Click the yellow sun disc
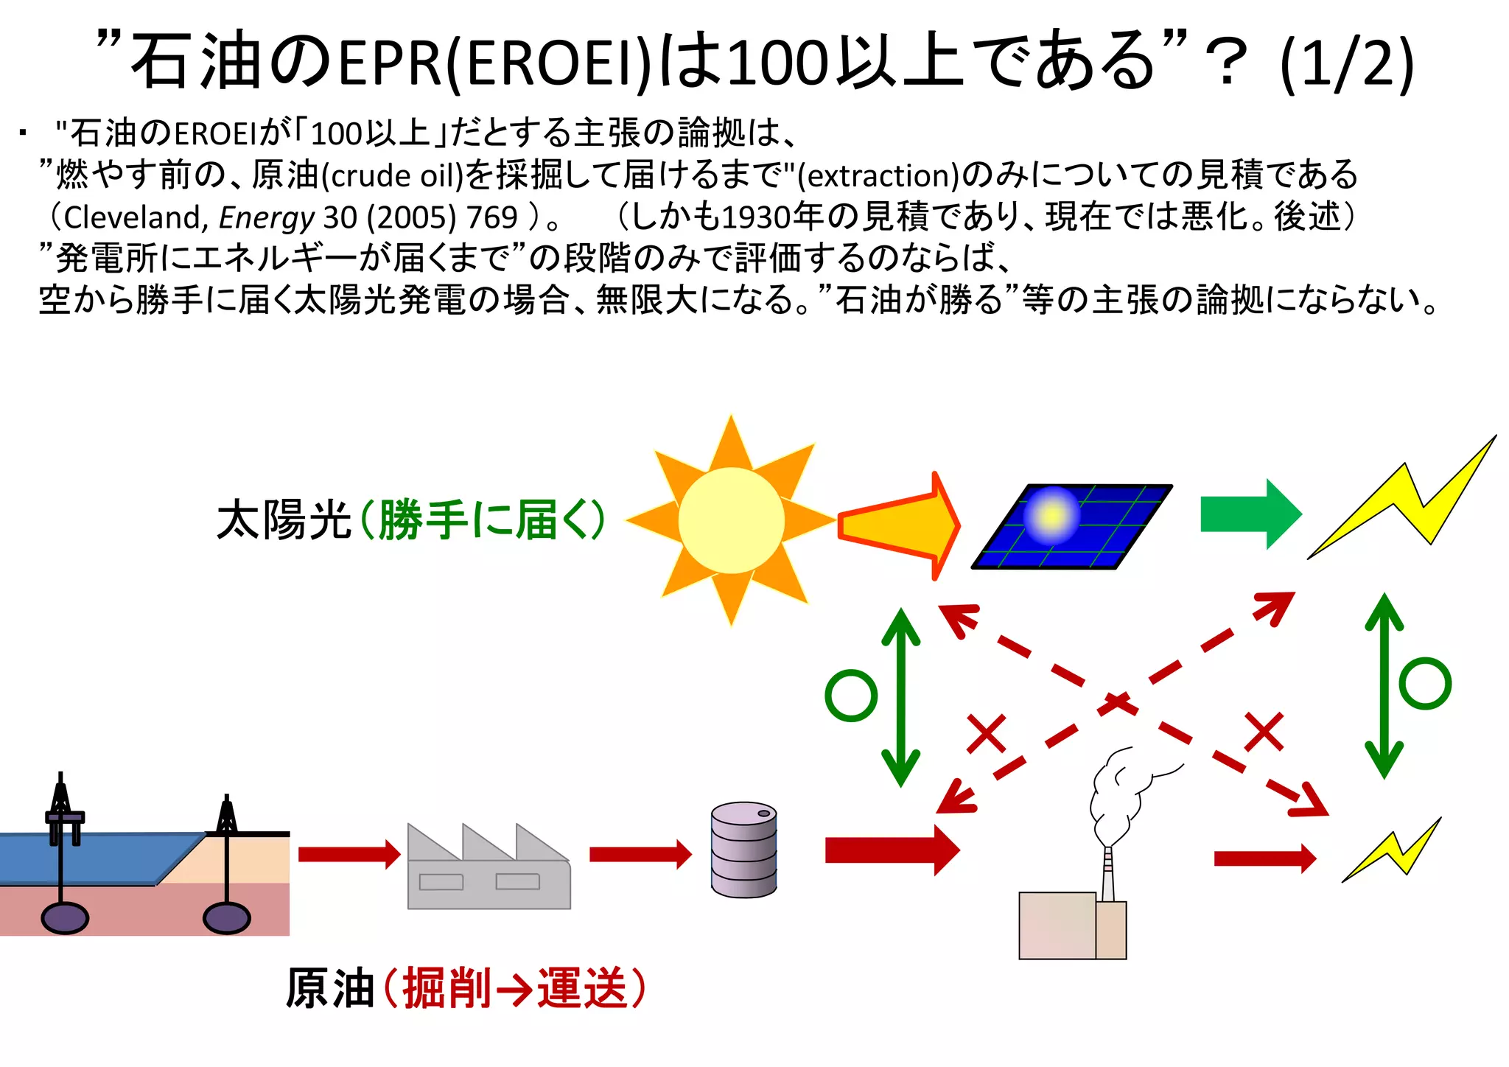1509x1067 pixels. (731, 520)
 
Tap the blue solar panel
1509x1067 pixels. (1072, 526)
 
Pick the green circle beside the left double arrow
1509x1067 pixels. (851, 696)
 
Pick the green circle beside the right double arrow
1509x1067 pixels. (1425, 683)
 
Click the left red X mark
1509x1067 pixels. (987, 733)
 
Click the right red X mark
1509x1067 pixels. (1264, 732)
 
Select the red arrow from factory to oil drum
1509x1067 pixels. (640, 854)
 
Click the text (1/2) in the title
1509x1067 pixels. (1347, 63)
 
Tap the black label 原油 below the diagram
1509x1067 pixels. (329, 988)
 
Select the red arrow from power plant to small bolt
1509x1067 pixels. (1264, 858)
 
